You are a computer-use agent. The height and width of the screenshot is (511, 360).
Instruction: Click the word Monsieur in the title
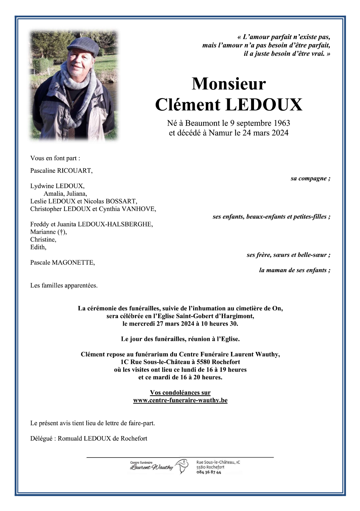229,84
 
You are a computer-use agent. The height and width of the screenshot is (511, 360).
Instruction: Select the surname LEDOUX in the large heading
264,105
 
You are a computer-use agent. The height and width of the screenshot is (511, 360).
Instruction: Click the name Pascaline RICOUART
61,171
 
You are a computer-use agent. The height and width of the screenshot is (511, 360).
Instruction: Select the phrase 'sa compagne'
308,178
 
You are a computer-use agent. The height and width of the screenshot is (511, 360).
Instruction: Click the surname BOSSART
121,201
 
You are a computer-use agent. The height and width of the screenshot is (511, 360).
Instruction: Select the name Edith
38,247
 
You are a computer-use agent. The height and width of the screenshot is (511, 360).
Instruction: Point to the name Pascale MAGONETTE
62,263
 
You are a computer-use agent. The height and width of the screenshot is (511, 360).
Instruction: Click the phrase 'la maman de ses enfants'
293,270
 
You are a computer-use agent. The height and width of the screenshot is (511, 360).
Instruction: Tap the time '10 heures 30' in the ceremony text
219,324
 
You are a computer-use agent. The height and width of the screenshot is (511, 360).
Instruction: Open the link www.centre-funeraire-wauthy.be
180,400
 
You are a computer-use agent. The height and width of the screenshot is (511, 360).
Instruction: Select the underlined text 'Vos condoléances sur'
180,393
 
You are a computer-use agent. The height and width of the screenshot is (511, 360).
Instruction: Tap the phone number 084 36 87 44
209,472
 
